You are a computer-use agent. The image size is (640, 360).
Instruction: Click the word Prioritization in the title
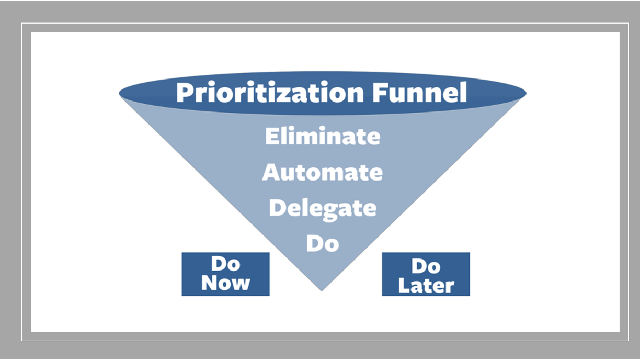click(x=270, y=93)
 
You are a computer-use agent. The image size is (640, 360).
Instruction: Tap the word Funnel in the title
click(x=420, y=92)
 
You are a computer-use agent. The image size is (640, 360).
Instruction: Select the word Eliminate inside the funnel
click(x=323, y=136)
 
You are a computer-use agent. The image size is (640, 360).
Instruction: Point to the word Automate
click(x=322, y=173)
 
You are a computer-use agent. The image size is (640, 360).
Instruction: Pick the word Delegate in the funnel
click(x=323, y=210)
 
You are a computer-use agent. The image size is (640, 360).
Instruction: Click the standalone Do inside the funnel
click(x=323, y=244)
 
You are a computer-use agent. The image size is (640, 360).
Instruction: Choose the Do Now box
click(x=226, y=274)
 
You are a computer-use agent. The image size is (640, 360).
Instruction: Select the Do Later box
click(x=426, y=274)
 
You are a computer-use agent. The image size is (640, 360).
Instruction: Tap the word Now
click(x=226, y=283)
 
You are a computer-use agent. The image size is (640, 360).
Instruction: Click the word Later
click(x=426, y=285)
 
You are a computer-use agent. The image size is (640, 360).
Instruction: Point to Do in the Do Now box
click(x=226, y=264)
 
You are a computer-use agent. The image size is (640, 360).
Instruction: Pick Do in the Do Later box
click(x=426, y=266)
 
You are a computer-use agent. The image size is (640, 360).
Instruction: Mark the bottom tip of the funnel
click(x=322, y=291)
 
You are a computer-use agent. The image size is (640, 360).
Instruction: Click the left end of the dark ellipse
click(x=119, y=93)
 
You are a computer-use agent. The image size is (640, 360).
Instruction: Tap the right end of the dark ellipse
click(x=527, y=93)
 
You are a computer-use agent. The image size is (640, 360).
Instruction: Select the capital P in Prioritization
click(x=185, y=92)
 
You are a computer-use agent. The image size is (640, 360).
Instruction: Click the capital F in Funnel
click(x=380, y=92)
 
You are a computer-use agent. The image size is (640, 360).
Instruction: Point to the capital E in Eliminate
click(x=272, y=136)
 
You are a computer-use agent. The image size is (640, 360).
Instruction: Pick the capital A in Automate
click(x=271, y=173)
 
